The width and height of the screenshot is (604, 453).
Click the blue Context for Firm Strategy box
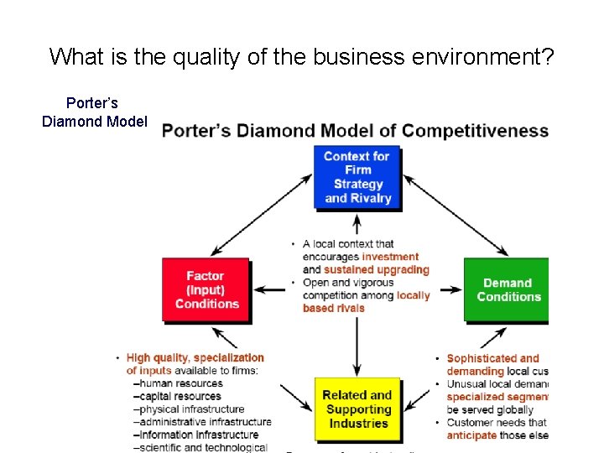[357, 177]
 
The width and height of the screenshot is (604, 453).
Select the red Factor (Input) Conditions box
[206, 289]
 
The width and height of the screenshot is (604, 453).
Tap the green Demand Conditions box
[507, 289]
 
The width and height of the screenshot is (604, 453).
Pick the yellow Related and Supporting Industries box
[357, 409]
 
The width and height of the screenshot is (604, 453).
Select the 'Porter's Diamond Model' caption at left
[94, 112]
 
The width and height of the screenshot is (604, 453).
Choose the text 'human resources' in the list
[182, 383]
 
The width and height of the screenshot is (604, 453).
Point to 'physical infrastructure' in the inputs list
[194, 409]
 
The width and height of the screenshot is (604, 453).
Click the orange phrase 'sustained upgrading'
[376, 269]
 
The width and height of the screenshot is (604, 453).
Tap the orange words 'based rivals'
[334, 308]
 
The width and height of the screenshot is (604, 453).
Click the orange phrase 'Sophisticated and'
[492, 358]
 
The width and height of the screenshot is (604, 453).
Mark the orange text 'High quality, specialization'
[195, 358]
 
